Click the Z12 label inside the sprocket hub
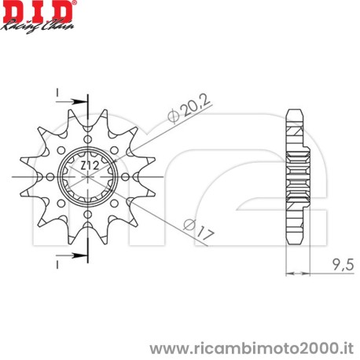[89, 166]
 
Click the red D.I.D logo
[36, 13]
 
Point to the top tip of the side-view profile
[296, 110]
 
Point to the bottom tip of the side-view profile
[296, 246]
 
